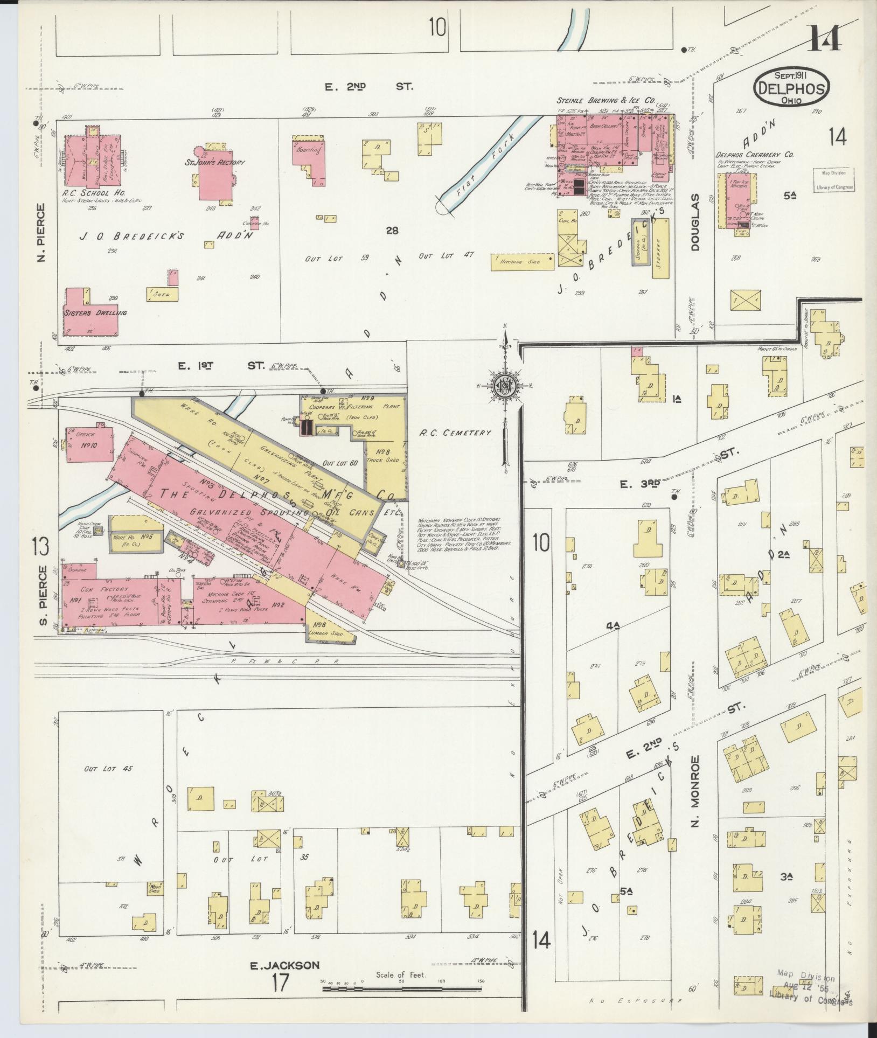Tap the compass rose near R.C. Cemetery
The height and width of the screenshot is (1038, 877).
coord(505,386)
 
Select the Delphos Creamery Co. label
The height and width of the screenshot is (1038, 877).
coord(754,154)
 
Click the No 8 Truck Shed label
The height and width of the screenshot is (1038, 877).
coord(382,456)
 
